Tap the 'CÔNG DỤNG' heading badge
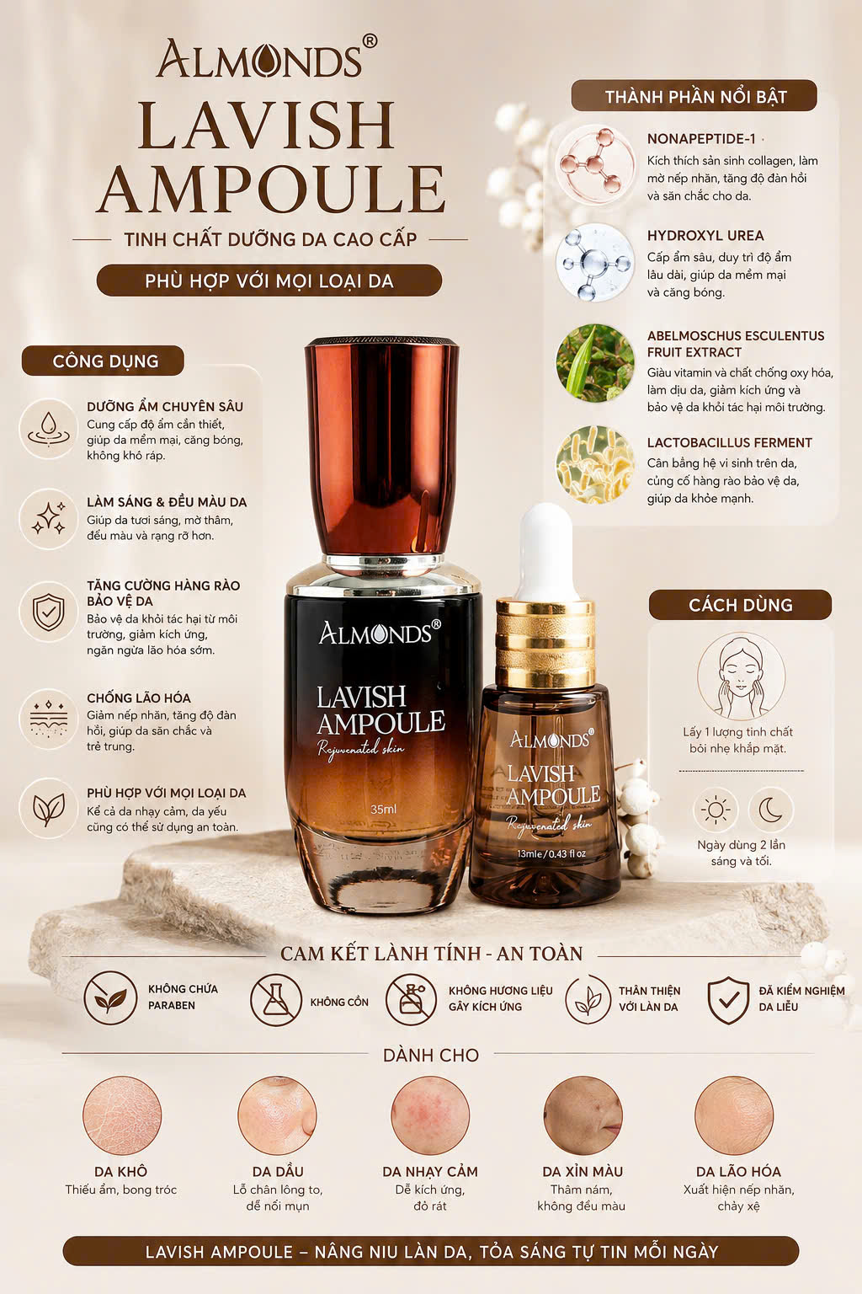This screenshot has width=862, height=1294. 103,361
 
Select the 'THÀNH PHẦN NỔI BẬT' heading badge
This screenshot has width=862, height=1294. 694,96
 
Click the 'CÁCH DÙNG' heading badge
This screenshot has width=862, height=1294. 740,605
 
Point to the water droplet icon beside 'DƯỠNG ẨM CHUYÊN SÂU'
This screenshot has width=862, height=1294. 49,429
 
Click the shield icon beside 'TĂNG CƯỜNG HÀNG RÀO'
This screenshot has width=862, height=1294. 49,611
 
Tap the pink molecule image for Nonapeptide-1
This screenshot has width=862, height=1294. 594,164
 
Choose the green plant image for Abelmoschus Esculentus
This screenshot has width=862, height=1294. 594,363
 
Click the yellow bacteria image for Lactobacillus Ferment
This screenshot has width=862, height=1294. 594,464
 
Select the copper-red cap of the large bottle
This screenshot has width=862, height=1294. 382,448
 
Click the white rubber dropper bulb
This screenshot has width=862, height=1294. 546,550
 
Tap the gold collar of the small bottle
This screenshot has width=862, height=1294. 545,643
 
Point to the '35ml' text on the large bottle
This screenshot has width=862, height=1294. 383,809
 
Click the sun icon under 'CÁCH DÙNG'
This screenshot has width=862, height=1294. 716,810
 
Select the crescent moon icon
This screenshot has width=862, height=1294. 771,810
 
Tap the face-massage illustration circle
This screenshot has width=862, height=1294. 742,676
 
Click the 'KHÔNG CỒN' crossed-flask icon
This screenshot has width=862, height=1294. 276,999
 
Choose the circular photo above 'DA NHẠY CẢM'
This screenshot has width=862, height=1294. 430,1115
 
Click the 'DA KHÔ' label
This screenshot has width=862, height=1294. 120,1171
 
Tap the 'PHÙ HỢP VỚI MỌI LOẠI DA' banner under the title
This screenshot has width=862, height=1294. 269,281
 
